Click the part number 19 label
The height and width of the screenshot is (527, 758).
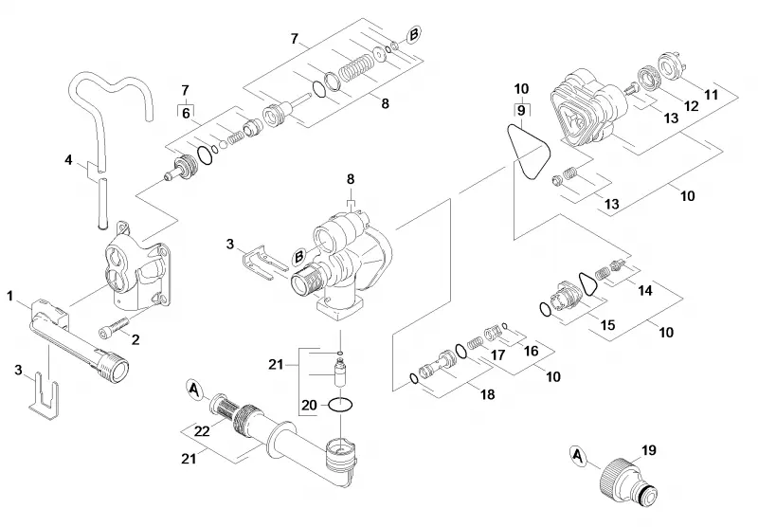pyautogui.click(x=649, y=450)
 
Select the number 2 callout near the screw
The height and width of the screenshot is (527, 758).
pyautogui.click(x=135, y=339)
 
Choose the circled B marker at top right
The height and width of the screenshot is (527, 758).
pyautogui.click(x=413, y=35)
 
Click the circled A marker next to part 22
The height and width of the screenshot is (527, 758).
pyautogui.click(x=194, y=390)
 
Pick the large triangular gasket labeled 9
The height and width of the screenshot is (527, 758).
pyautogui.click(x=529, y=151)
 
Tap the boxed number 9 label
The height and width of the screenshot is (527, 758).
pyautogui.click(x=520, y=110)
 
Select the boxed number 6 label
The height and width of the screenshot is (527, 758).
pyautogui.click(x=186, y=113)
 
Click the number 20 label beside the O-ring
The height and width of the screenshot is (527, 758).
pyautogui.click(x=309, y=405)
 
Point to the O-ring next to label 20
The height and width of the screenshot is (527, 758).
pyautogui.click(x=341, y=404)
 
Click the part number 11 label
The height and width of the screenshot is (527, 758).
pyautogui.click(x=711, y=94)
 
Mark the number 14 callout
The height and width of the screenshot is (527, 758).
pyautogui.click(x=645, y=290)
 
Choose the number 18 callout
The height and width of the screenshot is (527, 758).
pyautogui.click(x=488, y=394)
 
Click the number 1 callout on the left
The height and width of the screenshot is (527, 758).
pyautogui.click(x=9, y=296)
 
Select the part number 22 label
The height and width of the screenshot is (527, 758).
pyautogui.click(x=201, y=430)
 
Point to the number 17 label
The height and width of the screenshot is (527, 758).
pyautogui.click(x=497, y=354)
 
